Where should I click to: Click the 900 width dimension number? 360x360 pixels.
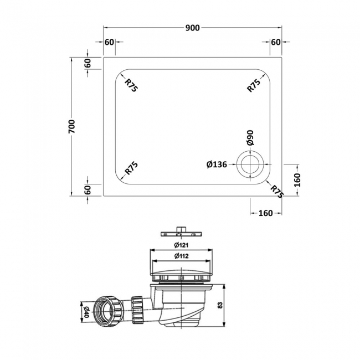(x=193, y=28)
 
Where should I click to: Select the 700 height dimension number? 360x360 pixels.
(x=71, y=126)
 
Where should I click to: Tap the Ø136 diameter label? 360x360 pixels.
(x=217, y=164)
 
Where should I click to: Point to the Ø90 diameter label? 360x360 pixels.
(x=250, y=138)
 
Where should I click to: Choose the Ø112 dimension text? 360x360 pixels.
(x=181, y=256)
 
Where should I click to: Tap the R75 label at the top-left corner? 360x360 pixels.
(x=131, y=85)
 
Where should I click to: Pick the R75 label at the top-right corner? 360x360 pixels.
(x=254, y=85)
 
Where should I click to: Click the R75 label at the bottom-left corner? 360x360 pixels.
(x=131, y=168)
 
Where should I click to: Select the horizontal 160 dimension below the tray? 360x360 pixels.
(x=266, y=214)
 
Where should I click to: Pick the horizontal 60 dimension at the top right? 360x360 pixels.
(x=275, y=42)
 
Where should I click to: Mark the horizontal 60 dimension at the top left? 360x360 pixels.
(x=109, y=42)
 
